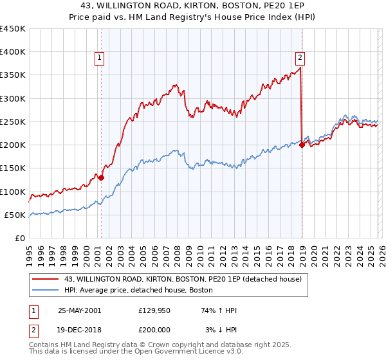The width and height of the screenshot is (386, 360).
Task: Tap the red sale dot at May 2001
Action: point(101,177)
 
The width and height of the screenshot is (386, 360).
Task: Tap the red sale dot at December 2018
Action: point(302,145)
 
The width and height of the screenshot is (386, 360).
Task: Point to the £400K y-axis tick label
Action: point(13,52)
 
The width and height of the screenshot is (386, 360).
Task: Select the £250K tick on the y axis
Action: point(13,122)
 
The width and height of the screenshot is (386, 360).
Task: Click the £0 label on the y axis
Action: point(19,238)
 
